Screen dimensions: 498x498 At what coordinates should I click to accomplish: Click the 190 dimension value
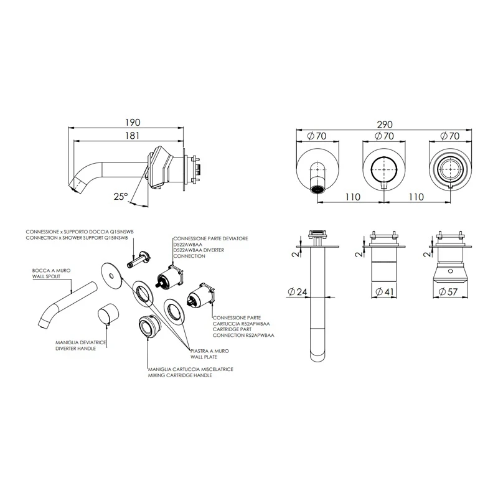pos(133,122)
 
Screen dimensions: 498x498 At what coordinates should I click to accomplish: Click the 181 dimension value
pos(133,136)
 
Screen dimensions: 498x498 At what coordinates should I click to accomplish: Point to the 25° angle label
pos(121,196)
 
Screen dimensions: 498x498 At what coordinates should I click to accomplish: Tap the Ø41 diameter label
pos(384,291)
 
